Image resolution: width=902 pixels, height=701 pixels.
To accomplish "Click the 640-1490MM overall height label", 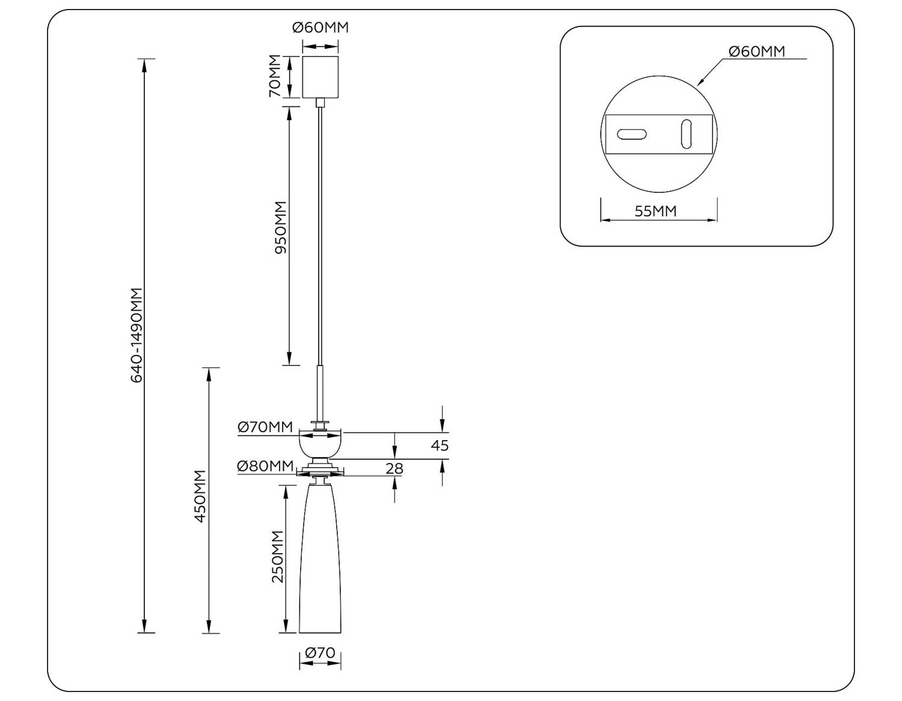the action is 137,335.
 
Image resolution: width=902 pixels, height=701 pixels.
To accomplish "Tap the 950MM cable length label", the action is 281,228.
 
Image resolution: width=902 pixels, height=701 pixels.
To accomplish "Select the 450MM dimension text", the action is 200,496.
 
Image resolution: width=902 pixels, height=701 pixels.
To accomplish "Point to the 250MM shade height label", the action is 277,557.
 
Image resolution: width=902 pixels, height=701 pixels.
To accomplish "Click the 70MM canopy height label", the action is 275,76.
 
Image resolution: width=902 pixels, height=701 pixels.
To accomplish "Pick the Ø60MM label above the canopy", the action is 320,28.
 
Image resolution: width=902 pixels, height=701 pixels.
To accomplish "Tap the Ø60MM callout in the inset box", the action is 756,52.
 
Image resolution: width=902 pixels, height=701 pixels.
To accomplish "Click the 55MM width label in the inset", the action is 655,211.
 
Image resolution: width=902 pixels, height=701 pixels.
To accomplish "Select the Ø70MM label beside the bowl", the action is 265,426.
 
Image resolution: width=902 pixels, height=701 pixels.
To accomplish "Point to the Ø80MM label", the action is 265,466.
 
